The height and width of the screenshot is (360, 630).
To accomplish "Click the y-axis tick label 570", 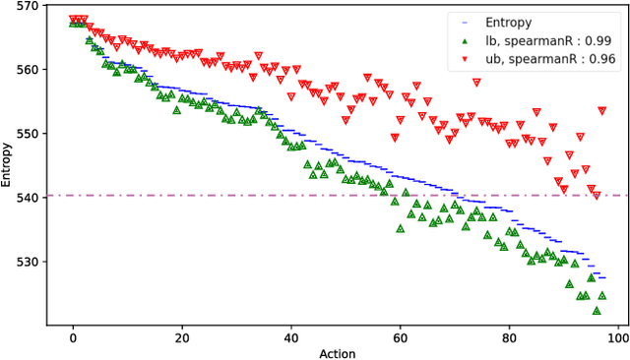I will tap(28, 6).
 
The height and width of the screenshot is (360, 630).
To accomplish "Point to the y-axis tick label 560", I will tap(28, 70).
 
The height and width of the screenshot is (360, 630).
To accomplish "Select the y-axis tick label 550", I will tap(28, 134).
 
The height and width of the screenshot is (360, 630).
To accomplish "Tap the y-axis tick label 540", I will tap(28, 198).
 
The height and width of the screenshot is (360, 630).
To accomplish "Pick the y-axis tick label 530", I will tap(28, 262).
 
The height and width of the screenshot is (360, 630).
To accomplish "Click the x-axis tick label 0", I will tap(73, 339).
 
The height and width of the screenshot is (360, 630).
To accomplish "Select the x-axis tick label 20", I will tap(182, 339).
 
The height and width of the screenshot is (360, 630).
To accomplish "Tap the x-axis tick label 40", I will tap(291, 339).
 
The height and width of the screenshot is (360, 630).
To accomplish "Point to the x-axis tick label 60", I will tap(401, 339).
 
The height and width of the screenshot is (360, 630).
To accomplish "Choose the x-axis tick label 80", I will tap(509, 339).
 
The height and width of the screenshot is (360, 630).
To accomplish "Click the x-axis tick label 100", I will tap(617, 339).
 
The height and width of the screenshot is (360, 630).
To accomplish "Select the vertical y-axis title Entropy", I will tap(8, 163).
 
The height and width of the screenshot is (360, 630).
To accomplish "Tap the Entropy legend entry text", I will tap(508, 22).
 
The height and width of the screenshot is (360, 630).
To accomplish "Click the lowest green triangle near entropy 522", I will tap(597, 311).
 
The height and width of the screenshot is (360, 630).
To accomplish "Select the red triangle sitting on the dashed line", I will tap(596, 196).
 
